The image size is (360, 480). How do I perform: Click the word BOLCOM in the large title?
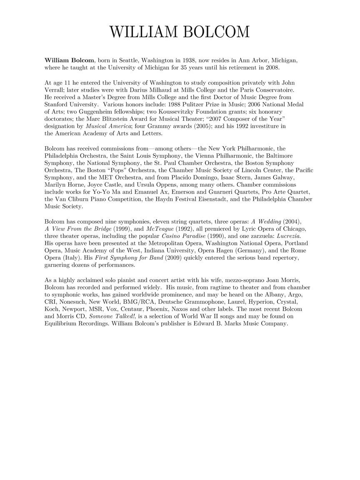click(212, 32)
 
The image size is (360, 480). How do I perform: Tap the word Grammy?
click(164, 126)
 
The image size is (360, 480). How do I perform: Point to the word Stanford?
click(57, 104)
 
